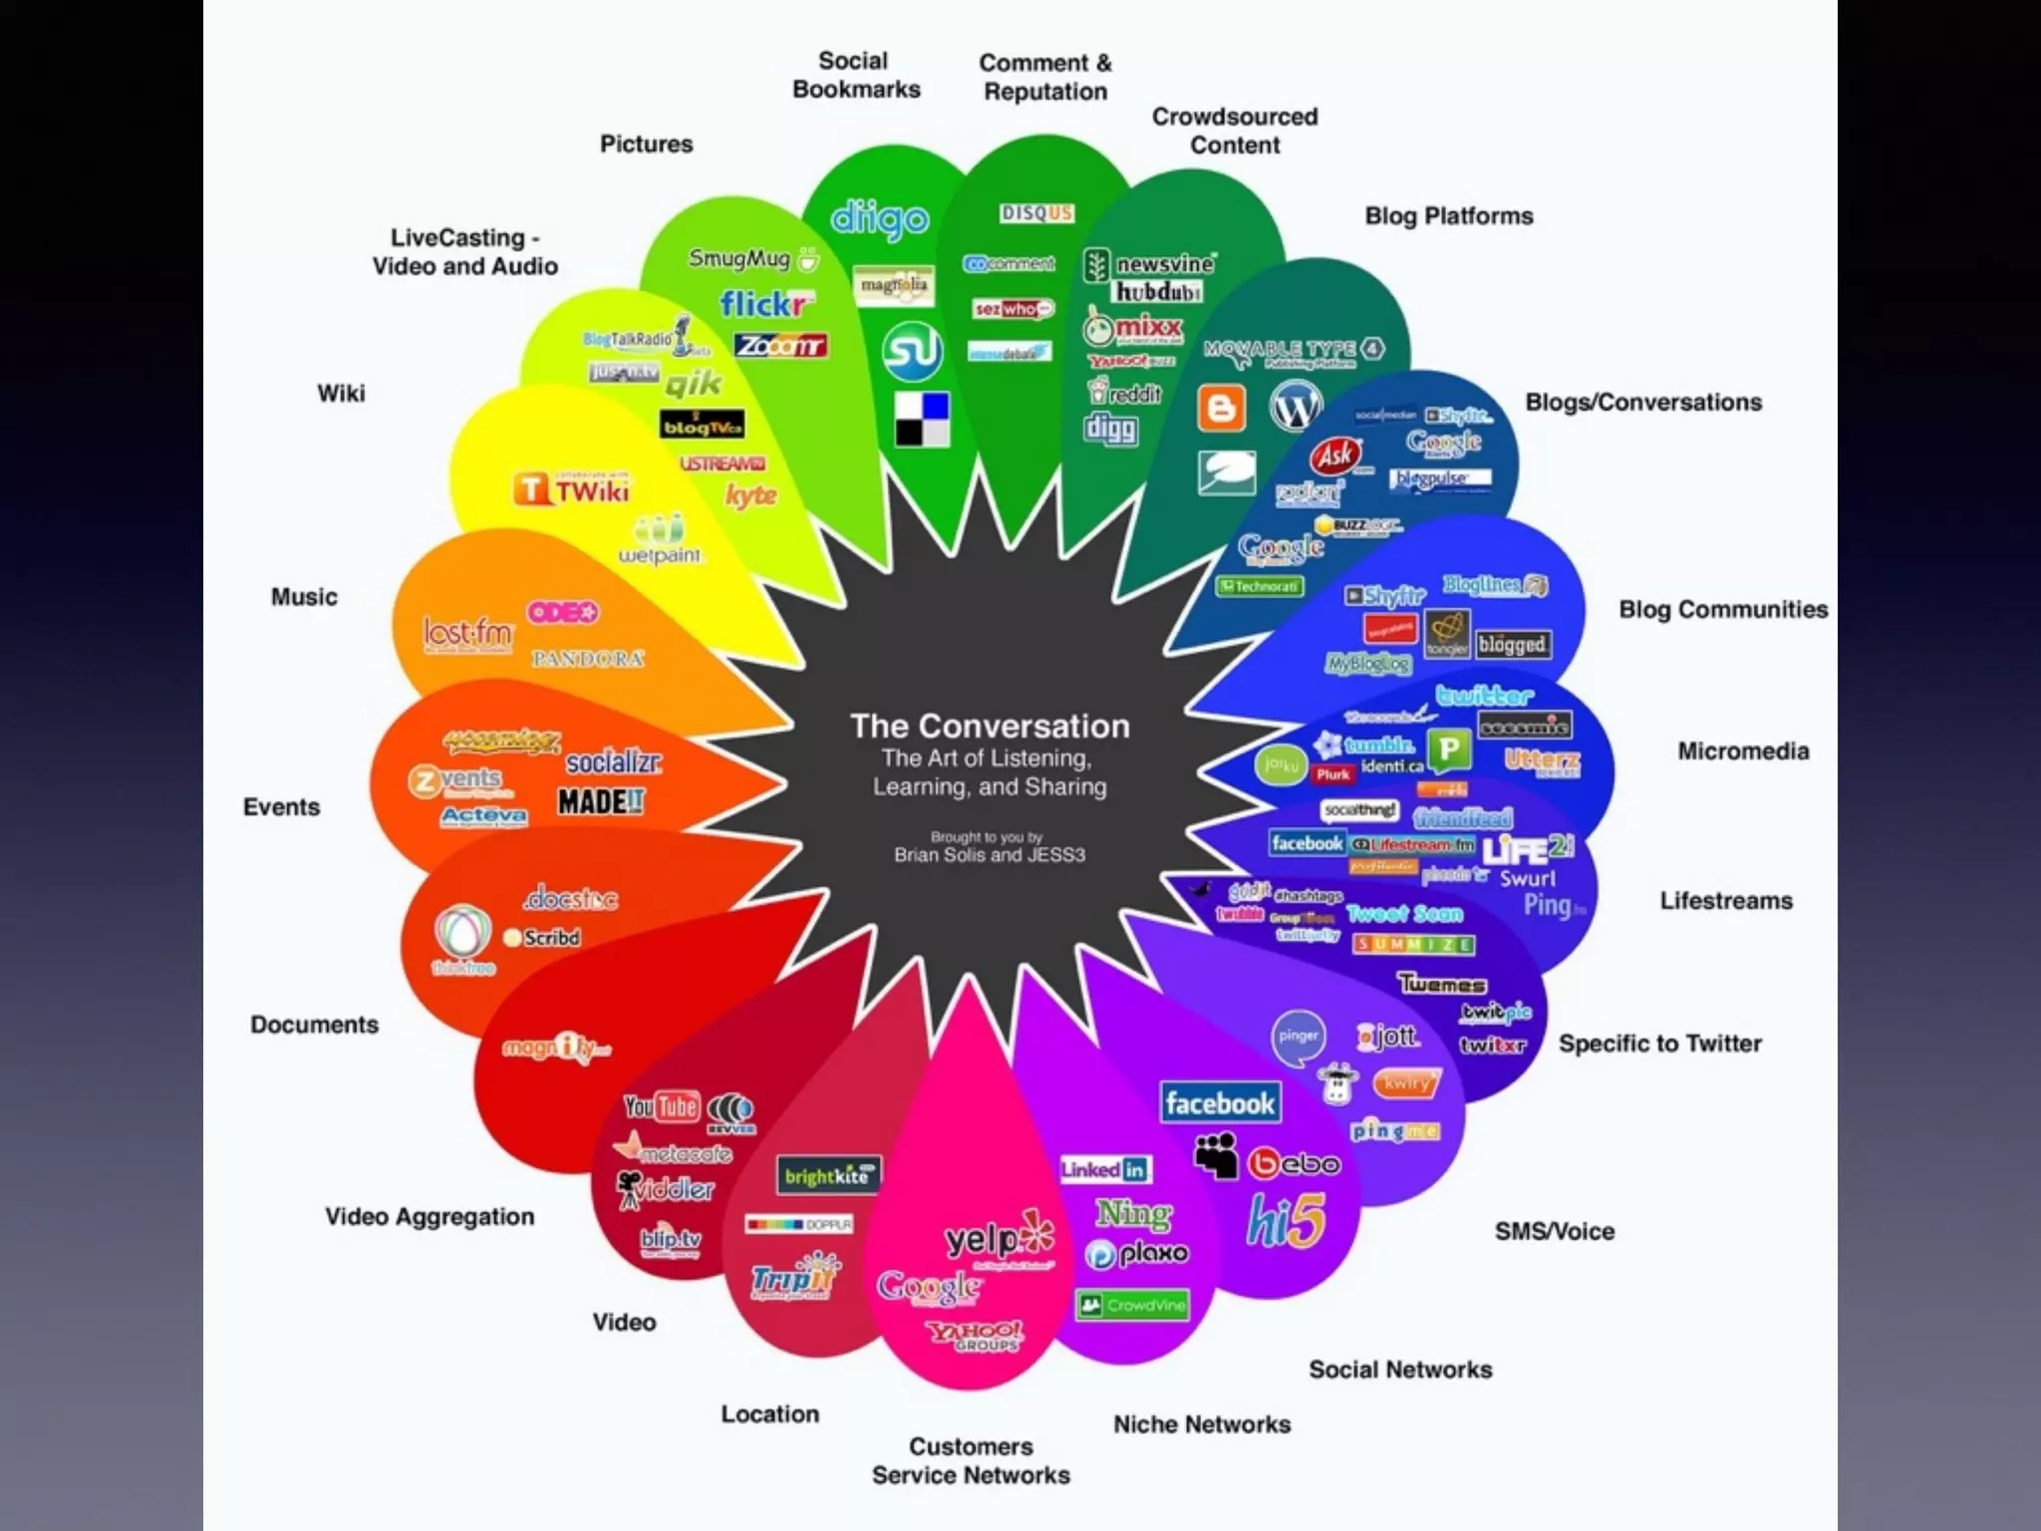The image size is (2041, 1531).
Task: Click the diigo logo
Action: pyautogui.click(x=879, y=219)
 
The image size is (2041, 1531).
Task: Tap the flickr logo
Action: pyautogui.click(x=765, y=302)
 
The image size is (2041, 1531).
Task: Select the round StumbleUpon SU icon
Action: pyautogui.click(x=912, y=352)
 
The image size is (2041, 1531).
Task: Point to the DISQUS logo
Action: pyautogui.click(x=1036, y=213)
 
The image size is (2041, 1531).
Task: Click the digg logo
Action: pyautogui.click(x=1110, y=429)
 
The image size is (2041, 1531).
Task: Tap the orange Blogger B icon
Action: pyautogui.click(x=1221, y=408)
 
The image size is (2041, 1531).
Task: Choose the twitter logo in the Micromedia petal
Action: pyautogui.click(x=1484, y=695)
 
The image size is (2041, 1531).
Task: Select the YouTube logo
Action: pyautogui.click(x=661, y=1106)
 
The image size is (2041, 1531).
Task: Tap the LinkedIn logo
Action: pyautogui.click(x=1104, y=1169)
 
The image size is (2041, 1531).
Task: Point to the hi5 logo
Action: pyautogui.click(x=1287, y=1222)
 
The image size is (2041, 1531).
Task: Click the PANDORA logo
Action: pyautogui.click(x=588, y=659)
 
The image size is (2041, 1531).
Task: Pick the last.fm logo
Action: pyautogui.click(x=467, y=633)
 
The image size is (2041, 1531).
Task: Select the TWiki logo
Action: pyautogui.click(x=573, y=490)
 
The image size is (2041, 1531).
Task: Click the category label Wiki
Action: pyautogui.click(x=341, y=394)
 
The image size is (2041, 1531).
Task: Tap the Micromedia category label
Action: pyautogui.click(x=1743, y=752)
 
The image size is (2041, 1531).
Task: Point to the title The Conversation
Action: pyautogui.click(x=990, y=726)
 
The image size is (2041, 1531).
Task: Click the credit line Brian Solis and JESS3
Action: pyautogui.click(x=990, y=855)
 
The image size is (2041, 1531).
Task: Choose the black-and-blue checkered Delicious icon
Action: pyautogui.click(x=922, y=419)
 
